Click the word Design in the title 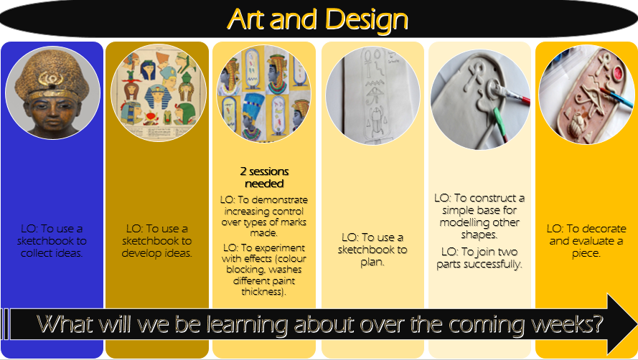(x=367, y=19)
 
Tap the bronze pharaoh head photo (x=52, y=93)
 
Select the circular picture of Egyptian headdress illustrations (x=159, y=93)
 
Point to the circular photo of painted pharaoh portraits (x=263, y=94)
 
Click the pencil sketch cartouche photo (x=372, y=95)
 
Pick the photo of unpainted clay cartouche (x=480, y=100)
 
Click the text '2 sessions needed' (x=264, y=177)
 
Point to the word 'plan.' (x=372, y=262)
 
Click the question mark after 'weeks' (x=596, y=324)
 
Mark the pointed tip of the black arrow (x=637, y=324)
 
